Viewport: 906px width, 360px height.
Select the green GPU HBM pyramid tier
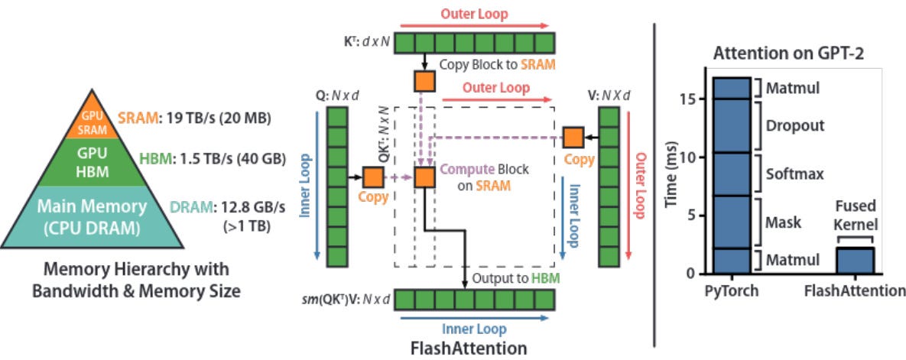(x=92, y=162)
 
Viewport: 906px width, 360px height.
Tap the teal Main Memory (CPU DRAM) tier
(x=92, y=217)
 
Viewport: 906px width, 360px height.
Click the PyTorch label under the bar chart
(x=732, y=290)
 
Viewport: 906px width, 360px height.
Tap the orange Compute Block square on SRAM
(x=424, y=177)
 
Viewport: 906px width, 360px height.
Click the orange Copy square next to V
(x=573, y=138)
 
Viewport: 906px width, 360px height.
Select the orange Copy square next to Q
(x=372, y=177)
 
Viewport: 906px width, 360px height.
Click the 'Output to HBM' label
(x=516, y=277)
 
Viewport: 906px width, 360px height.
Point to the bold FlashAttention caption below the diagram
(x=469, y=349)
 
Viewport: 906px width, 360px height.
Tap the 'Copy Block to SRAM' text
(x=497, y=64)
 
